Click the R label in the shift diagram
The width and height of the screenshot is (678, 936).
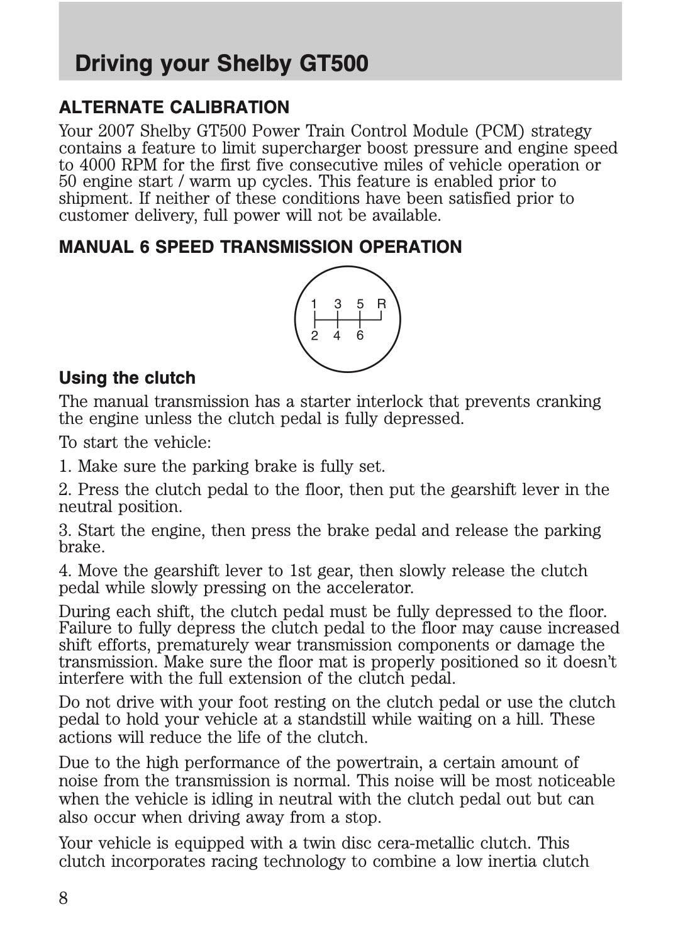point(381,304)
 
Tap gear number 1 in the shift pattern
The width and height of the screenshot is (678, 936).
point(314,304)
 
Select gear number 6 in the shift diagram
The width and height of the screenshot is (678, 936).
point(360,336)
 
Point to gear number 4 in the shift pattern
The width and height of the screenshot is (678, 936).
point(337,336)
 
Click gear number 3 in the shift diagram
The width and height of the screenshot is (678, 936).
point(338,304)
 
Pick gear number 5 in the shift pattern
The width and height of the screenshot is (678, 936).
point(360,304)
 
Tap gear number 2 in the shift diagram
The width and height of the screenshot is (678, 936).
point(314,336)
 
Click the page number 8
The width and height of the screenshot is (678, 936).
point(64,898)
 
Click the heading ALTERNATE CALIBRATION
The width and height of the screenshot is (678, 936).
point(174,108)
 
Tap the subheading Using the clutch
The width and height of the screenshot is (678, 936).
point(127,378)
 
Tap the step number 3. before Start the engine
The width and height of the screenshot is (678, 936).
point(65,530)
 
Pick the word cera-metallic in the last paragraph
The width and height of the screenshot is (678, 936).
point(425,843)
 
